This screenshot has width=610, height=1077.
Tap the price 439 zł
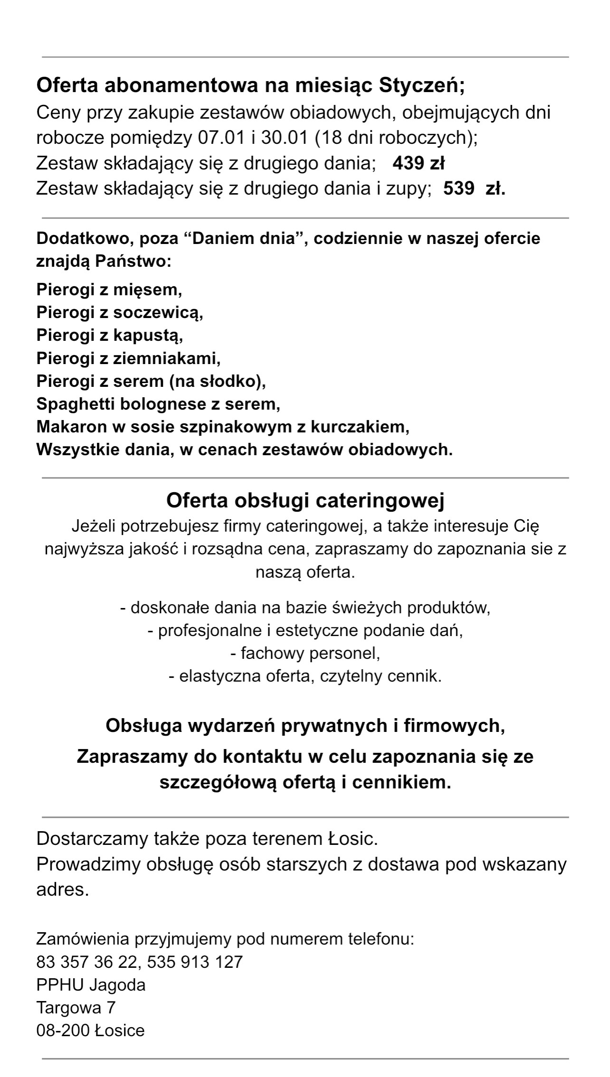pos(418,163)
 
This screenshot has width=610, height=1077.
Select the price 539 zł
pos(474,189)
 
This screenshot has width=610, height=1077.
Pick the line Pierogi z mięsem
pos(109,290)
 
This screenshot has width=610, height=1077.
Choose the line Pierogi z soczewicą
pos(120,312)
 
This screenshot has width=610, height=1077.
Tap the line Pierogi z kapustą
pos(110,335)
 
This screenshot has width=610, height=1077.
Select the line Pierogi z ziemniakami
pos(129,358)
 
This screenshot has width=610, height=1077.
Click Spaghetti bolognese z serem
pos(158,404)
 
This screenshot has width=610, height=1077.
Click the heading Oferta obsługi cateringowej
pos(305,501)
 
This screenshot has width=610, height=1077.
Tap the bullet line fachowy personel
pos(305,654)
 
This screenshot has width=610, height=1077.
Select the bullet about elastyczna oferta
pos(305,676)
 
